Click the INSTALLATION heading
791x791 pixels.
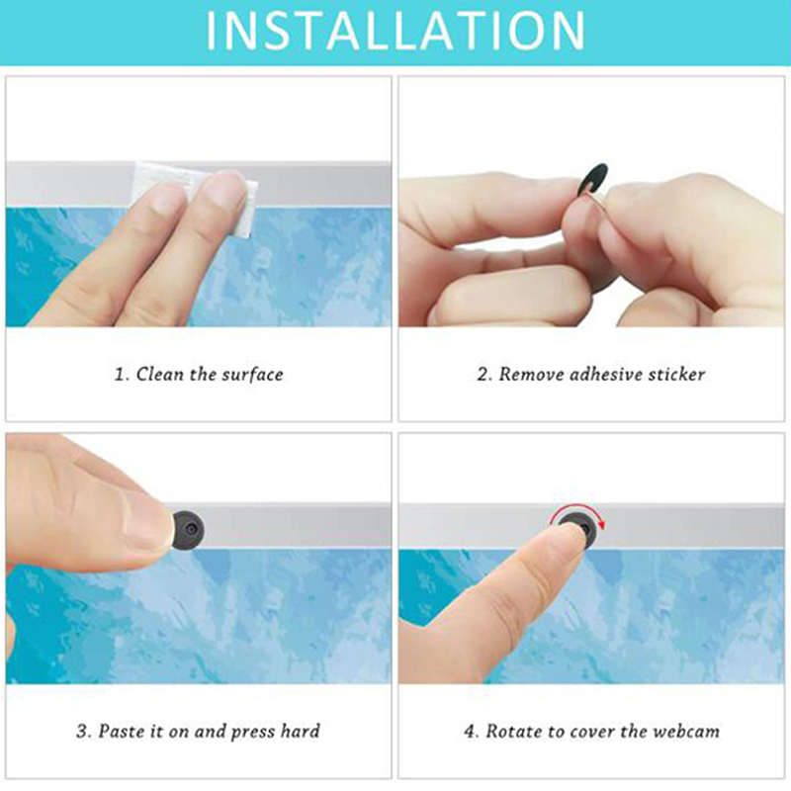395,31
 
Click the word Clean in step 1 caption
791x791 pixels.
159,375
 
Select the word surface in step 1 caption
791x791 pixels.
253,375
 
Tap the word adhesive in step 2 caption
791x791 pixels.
602,375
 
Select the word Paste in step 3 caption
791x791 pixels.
121,731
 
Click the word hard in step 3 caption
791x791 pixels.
301,731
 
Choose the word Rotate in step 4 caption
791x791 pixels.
511,731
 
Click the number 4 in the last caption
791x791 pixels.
470,732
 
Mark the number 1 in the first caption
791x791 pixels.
120,375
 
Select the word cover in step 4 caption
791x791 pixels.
592,732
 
